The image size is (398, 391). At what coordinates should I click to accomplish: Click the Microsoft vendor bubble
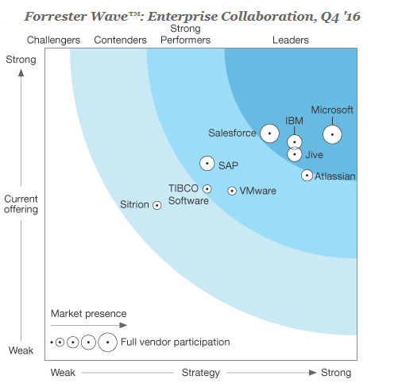(332, 135)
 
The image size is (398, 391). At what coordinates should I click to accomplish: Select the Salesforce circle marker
(270, 134)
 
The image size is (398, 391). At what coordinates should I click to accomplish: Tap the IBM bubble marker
(295, 142)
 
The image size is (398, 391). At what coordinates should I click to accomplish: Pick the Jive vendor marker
(295, 154)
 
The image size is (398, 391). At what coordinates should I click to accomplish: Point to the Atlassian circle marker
(307, 175)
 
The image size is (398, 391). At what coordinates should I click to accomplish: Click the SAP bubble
(207, 164)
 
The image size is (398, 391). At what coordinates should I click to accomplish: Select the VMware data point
(232, 191)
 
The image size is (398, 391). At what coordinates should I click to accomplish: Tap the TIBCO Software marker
(207, 189)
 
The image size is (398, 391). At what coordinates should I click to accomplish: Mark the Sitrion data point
(157, 205)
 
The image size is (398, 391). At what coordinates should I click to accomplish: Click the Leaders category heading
(291, 40)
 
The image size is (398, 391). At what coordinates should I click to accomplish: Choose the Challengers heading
(53, 40)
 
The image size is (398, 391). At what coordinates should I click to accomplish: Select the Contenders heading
(120, 40)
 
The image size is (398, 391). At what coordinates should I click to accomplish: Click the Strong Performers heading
(191, 34)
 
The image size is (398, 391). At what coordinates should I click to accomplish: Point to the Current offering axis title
(21, 204)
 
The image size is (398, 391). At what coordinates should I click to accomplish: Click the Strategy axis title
(199, 373)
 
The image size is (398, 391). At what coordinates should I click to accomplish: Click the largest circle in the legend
(108, 343)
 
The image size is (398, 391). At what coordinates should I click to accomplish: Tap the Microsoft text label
(332, 110)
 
